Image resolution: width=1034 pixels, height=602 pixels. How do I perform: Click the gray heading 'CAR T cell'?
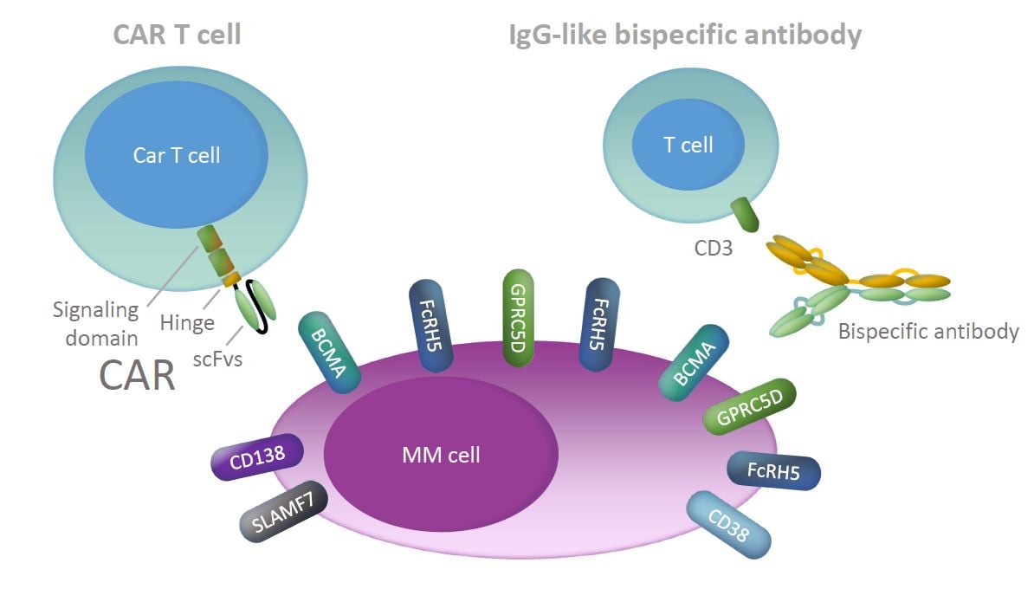(x=177, y=35)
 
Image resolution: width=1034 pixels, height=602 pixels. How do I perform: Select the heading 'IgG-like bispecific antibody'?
(x=685, y=35)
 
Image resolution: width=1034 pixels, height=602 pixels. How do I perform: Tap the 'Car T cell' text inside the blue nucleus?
(x=177, y=155)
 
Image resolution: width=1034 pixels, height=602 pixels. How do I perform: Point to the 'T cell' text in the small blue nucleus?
(x=688, y=145)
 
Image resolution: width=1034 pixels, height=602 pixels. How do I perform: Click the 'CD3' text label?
(x=714, y=249)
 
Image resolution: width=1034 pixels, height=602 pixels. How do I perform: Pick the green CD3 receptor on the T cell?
(x=745, y=214)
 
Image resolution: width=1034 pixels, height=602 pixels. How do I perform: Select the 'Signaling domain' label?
(x=95, y=321)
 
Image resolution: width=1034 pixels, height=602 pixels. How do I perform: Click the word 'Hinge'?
(x=186, y=322)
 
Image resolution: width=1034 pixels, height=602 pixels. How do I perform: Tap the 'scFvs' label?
(x=217, y=359)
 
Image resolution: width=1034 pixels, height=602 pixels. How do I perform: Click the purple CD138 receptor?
(x=259, y=456)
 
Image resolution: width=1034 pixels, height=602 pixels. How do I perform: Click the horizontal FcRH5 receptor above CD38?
(x=773, y=471)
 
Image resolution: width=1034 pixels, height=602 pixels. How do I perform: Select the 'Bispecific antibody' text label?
(x=928, y=332)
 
